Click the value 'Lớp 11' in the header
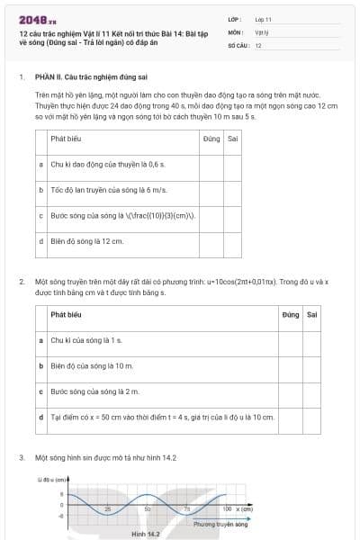pyautogui.click(x=263, y=18)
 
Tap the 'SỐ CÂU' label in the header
pyautogui.click(x=238, y=44)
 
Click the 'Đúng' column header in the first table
pyautogui.click(x=211, y=139)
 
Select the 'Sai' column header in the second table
pyautogui.click(x=311, y=315)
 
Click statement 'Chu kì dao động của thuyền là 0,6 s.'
pyautogui.click(x=101, y=165)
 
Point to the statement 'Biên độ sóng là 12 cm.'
pyautogui.click(x=86, y=241)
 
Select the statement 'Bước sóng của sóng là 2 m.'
pyautogui.click(x=89, y=392)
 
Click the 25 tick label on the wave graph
pyautogui.click(x=107, y=509)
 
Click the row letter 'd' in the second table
pyautogui.click(x=41, y=418)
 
